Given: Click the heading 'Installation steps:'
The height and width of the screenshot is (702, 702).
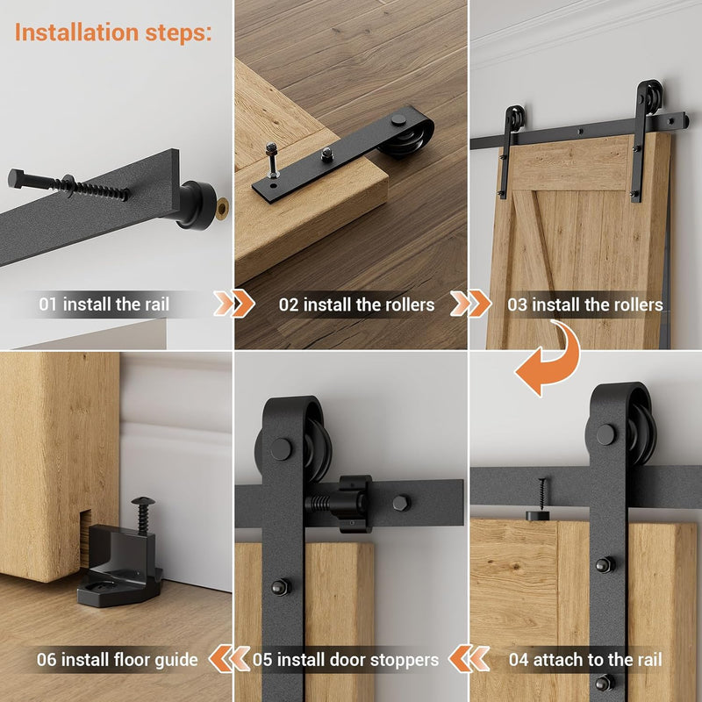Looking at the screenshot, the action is pyautogui.click(x=113, y=32).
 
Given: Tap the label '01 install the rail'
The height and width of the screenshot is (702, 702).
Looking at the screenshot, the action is pyautogui.click(x=104, y=304).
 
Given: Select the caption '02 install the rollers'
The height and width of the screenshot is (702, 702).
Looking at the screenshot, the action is pyautogui.click(x=356, y=304).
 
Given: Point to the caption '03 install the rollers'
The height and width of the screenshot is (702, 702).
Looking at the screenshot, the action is pyautogui.click(x=584, y=304).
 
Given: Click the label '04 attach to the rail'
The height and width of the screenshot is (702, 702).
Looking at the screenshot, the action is pyautogui.click(x=585, y=660).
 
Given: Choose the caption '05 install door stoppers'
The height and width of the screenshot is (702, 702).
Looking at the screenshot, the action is pyautogui.click(x=346, y=660).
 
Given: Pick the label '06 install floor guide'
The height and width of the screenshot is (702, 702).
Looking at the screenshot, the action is pyautogui.click(x=118, y=660).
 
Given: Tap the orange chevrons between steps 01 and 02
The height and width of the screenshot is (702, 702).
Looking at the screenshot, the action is pyautogui.click(x=233, y=304).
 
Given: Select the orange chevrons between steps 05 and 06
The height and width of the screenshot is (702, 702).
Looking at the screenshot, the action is pyautogui.click(x=229, y=659).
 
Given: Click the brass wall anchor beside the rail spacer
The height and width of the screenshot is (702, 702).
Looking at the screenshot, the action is pyautogui.click(x=222, y=208).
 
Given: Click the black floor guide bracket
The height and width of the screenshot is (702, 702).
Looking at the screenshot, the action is pyautogui.click(x=120, y=565).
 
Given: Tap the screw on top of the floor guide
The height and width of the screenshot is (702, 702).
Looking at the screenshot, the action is pyautogui.click(x=143, y=514).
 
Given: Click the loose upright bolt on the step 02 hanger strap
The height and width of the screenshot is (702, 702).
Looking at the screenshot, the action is pyautogui.click(x=272, y=160).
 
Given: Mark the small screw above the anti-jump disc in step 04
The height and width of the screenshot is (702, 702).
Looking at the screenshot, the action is pyautogui.click(x=542, y=494).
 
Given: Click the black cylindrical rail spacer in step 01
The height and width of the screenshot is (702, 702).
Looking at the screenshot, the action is pyautogui.click(x=196, y=205).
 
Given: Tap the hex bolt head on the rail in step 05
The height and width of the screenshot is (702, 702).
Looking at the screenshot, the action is pyautogui.click(x=402, y=503).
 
